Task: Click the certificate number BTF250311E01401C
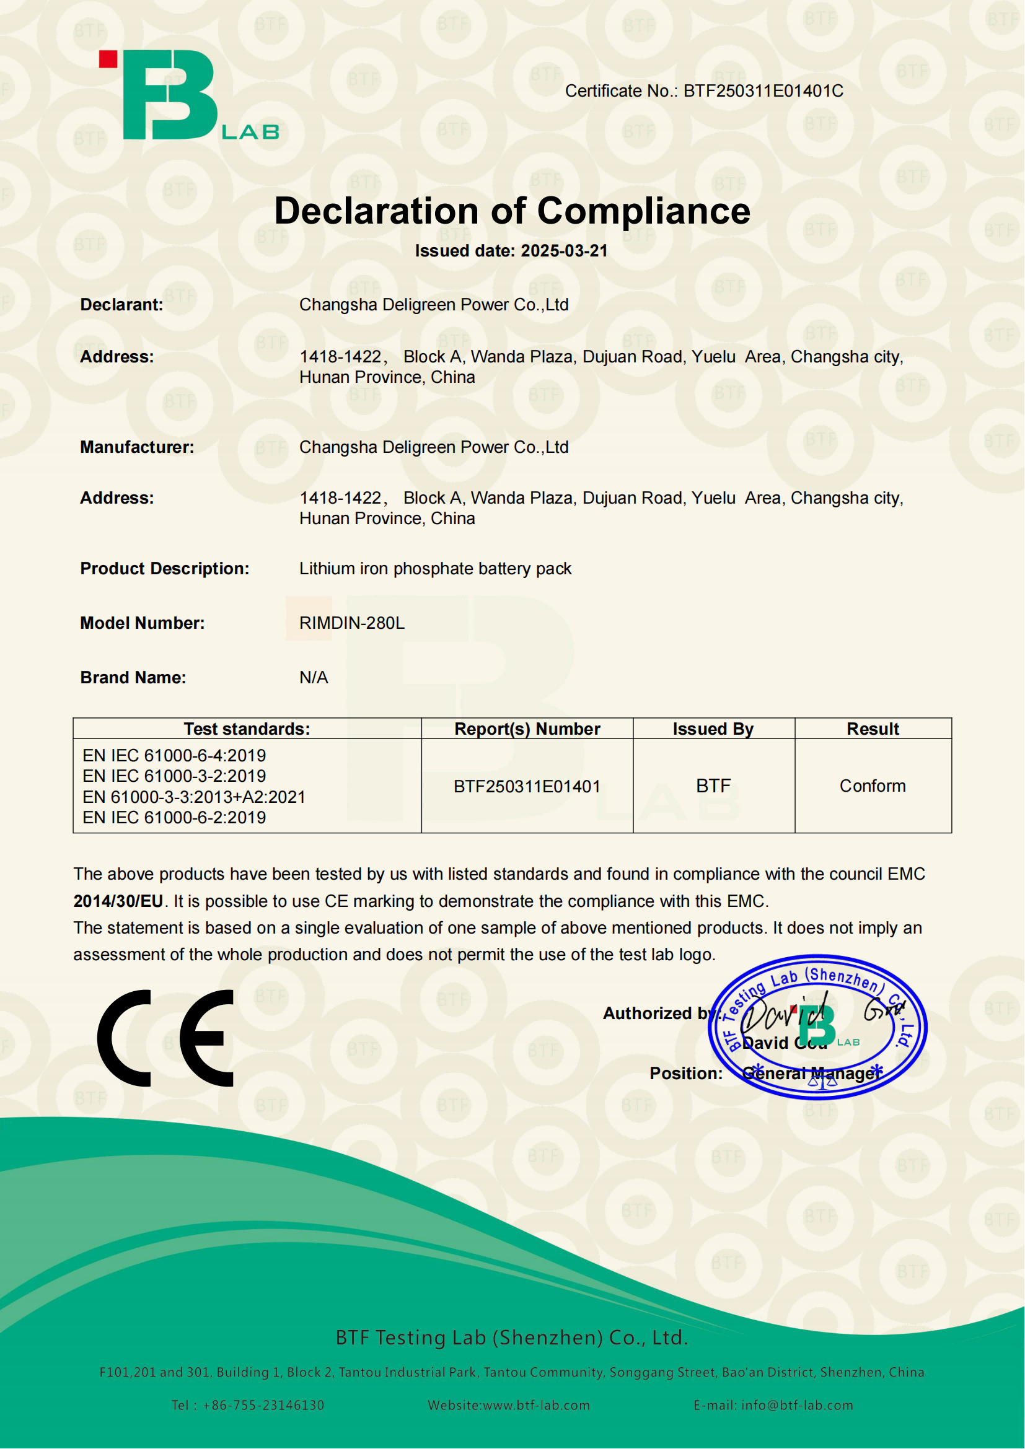click(x=763, y=92)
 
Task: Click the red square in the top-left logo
click(x=108, y=59)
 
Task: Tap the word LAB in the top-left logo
click(x=250, y=132)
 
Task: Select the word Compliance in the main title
click(x=644, y=211)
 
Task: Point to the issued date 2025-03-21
click(x=565, y=251)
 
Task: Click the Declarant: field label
click(x=122, y=305)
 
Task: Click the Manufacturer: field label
click(x=137, y=447)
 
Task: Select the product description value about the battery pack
click(x=435, y=569)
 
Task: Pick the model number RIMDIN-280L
click(x=351, y=624)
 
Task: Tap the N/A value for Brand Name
click(x=314, y=678)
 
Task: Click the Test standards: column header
click(x=247, y=729)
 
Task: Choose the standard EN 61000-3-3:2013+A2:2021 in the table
click(x=194, y=797)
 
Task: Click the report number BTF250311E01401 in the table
click(x=527, y=786)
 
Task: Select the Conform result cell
click(x=873, y=786)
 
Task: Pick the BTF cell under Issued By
click(x=713, y=786)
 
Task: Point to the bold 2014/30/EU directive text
click(x=118, y=901)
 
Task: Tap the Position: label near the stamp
click(x=686, y=1074)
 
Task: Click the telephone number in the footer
click(x=263, y=1406)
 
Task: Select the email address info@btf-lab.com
click(x=797, y=1406)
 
